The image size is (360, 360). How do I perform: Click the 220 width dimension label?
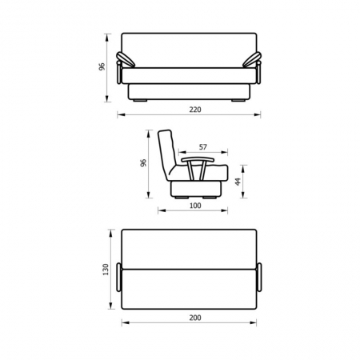[x=195, y=110]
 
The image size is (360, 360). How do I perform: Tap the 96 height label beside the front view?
[x=102, y=66]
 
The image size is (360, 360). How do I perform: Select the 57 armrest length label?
[x=203, y=147]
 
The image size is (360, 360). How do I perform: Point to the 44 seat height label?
[x=238, y=182]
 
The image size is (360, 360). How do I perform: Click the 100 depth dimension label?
[x=195, y=206]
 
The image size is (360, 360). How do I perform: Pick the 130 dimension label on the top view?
[x=106, y=270]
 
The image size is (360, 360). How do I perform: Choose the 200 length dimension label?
[x=195, y=318]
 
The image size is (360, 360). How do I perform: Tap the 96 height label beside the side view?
[x=143, y=162]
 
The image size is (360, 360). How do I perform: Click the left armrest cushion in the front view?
[x=126, y=59]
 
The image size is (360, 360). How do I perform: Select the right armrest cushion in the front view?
[x=252, y=59]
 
